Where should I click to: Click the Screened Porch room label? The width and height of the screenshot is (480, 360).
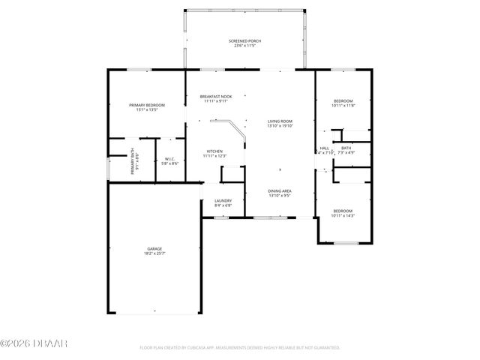pyautogui.click(x=244, y=40)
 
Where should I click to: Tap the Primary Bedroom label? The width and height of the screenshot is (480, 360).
pyautogui.click(x=146, y=105)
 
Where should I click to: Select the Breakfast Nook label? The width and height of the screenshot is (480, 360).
pyautogui.click(x=215, y=97)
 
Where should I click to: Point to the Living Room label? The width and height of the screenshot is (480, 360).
pyautogui.click(x=280, y=121)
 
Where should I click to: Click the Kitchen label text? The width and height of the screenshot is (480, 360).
pyautogui.click(x=214, y=151)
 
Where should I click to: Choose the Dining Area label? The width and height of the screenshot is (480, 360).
pyautogui.click(x=280, y=191)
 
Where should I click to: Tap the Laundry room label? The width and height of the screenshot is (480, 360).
pyautogui.click(x=223, y=200)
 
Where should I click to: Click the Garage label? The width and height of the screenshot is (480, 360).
pyautogui.click(x=154, y=248)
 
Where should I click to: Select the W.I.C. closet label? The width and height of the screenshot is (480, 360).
pyautogui.click(x=170, y=159)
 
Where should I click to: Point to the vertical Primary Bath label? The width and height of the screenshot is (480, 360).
pyautogui.click(x=132, y=164)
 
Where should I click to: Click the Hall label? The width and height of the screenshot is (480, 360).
pyautogui.click(x=325, y=148)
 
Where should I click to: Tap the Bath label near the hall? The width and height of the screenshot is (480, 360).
pyautogui.click(x=346, y=148)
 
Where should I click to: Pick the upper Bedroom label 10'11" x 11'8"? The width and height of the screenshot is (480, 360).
pyautogui.click(x=343, y=100)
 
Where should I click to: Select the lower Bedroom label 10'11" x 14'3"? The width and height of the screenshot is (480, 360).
pyautogui.click(x=343, y=211)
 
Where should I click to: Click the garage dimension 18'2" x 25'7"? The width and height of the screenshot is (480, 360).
pyautogui.click(x=154, y=253)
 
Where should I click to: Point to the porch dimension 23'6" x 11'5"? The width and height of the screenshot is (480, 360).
pyautogui.click(x=244, y=46)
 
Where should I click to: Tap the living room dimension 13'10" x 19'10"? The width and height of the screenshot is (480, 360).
pyautogui.click(x=280, y=126)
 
